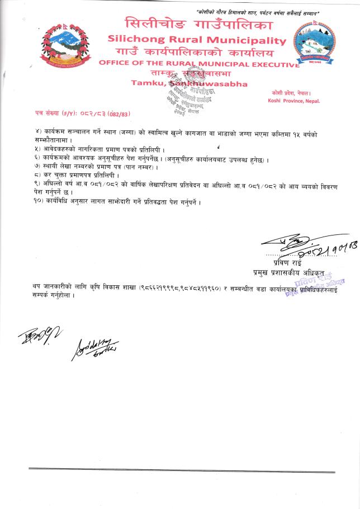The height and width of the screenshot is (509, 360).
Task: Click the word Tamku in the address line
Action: pos(146,83)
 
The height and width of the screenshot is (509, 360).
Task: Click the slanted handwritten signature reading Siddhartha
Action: pos(94,348)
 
